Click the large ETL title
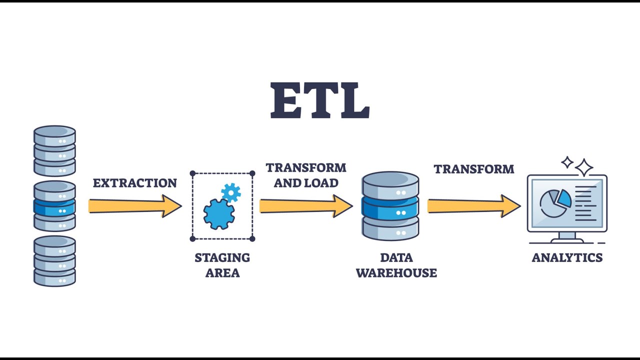pos(320,100)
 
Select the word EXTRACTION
pos(135,183)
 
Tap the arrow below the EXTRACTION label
pos(135,206)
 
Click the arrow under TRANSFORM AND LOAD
pos(306,206)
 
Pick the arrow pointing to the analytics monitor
pos(474,206)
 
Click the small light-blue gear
pos(231,193)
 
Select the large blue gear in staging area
pos(219,214)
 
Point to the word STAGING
pos(222,257)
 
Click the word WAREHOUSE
pos(396,273)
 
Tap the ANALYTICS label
pos(567,257)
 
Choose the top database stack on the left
pos(54,150)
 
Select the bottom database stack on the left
pos(54,261)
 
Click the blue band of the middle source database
pos(54,208)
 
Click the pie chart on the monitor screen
pos(555,203)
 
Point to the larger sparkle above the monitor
pos(584,167)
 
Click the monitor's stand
pos(567,237)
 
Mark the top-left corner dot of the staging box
pos(192,173)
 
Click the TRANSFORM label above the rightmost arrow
pos(474,169)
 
